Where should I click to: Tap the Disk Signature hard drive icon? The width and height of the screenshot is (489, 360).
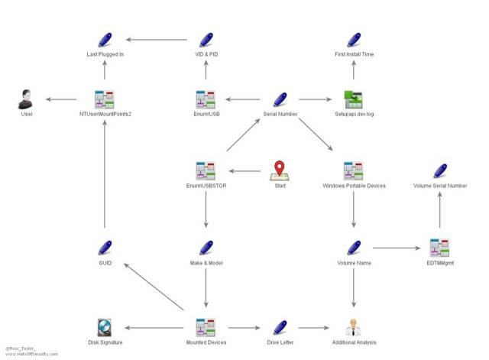coord(105,328)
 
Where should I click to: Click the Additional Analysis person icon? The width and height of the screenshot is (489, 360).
coord(353,328)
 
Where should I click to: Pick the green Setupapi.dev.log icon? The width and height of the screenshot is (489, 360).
coord(353,99)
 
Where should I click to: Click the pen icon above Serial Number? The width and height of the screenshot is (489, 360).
coord(279,99)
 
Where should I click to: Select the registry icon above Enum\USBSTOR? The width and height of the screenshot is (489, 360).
coord(206,170)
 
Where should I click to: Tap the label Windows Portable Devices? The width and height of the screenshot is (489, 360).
coord(354,186)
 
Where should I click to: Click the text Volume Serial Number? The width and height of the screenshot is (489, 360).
coord(439,186)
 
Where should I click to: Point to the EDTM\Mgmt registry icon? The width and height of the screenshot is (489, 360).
coord(439,248)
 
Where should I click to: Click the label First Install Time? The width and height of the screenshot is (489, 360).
coord(354,55)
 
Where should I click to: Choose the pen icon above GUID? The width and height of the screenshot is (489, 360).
coord(105,248)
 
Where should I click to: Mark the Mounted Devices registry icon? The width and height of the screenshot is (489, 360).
coord(206,328)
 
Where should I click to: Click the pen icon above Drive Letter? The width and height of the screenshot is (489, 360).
coord(279,328)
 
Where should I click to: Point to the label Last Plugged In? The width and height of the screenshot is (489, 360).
coord(105,55)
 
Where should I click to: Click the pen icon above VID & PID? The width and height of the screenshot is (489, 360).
coord(206,40)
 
